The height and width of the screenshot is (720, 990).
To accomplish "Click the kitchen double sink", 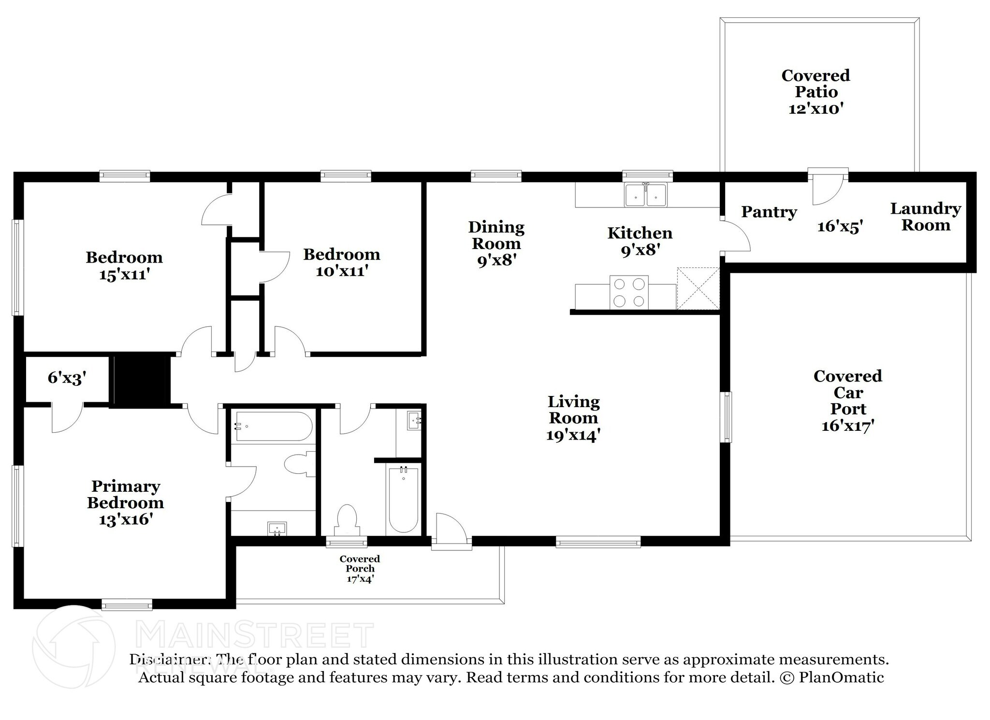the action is click(645, 194).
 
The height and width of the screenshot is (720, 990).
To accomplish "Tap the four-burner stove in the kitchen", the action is click(629, 292).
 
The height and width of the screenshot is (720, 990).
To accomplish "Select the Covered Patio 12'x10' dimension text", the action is click(816, 108).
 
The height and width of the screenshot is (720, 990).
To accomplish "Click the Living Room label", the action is click(574, 410).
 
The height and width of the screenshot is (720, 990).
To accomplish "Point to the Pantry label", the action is click(769, 212).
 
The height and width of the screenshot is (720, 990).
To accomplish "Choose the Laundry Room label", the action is click(926, 217).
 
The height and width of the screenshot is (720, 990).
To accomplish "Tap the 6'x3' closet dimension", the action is click(67, 378).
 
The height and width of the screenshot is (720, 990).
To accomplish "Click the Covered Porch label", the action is click(360, 564).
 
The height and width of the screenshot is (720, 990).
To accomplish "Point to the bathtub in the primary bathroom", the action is click(272, 426).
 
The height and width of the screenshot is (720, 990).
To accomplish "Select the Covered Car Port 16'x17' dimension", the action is click(848, 426).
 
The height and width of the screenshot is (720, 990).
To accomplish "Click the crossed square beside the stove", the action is click(698, 288).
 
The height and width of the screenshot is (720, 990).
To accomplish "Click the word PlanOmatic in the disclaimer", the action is click(842, 677).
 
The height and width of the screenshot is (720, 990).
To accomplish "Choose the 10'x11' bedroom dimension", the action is click(342, 271).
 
